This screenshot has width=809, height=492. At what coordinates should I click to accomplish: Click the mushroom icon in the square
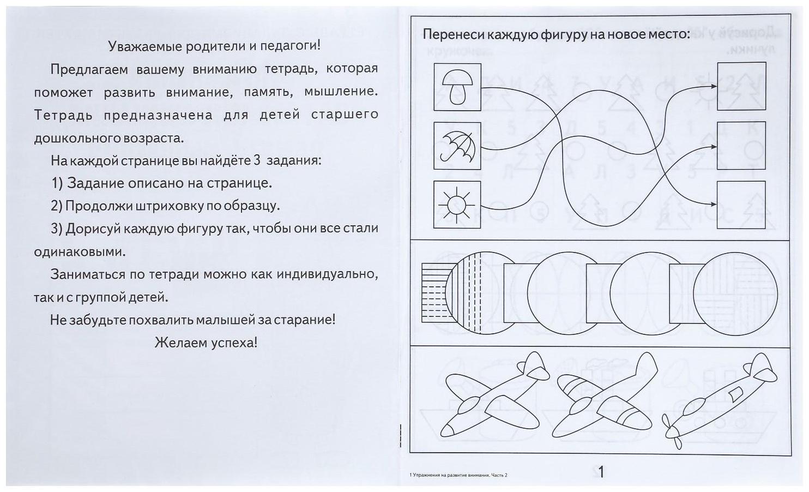point(457,87)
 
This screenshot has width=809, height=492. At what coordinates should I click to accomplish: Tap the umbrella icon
point(457,146)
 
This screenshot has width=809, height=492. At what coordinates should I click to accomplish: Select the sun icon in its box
point(457,205)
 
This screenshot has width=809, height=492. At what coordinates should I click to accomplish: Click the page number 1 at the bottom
point(601,472)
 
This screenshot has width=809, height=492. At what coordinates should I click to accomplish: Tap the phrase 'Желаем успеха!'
point(206,343)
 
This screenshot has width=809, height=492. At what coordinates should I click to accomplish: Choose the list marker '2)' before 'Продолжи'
point(57,206)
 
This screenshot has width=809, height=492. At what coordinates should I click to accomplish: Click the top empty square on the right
point(741,86)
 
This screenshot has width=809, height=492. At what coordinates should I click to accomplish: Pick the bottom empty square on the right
point(741,205)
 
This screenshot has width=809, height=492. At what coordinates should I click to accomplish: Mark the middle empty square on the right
point(741,146)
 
